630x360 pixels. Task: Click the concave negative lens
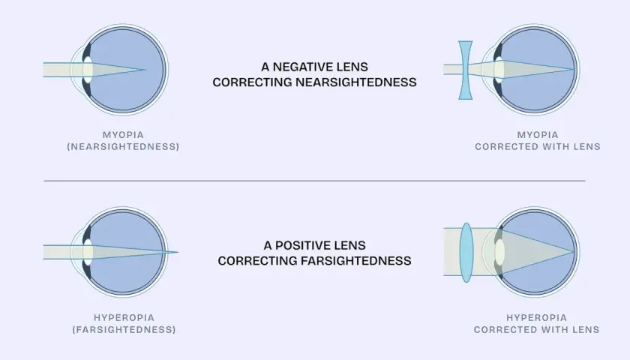[465, 70]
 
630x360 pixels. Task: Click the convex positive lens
[466, 252]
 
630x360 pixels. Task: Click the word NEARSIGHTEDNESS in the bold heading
[356, 82]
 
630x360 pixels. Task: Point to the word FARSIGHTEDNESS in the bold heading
[356, 261]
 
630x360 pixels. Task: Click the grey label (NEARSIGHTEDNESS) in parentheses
[123, 147]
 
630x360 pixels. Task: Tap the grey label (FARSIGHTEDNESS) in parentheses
[124, 329]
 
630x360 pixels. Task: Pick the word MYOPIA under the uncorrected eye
[123, 135]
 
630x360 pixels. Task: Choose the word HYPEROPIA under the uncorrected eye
[124, 318]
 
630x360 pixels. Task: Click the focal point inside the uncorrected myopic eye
[145, 70]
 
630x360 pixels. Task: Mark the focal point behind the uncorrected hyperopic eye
[178, 252]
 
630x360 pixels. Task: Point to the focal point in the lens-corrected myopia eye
[573, 70]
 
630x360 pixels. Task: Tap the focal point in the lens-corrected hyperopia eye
[574, 252]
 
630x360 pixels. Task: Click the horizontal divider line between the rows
[314, 181]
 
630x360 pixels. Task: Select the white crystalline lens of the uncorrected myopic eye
[88, 70]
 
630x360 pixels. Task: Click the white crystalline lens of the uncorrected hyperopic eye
[88, 252]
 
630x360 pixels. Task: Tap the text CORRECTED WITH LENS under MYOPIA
[538, 147]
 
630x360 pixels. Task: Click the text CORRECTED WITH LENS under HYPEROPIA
[537, 329]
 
